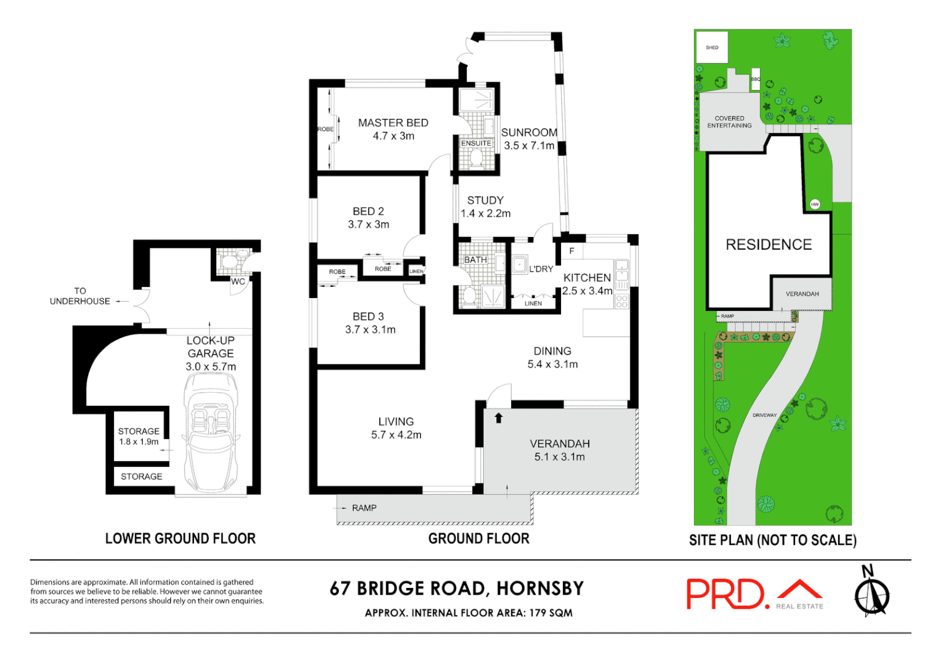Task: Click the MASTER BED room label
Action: coord(393,123)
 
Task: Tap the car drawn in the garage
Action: coord(211,431)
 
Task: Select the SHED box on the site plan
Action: coord(712,47)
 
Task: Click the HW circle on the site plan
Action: coord(815,204)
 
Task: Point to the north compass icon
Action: coord(871,592)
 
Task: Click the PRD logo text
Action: coord(727,594)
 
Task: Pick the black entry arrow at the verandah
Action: coord(498,418)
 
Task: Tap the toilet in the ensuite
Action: coord(476,158)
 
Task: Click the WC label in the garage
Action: coord(238,282)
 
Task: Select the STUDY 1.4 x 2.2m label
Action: coord(485,207)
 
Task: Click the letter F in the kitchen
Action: coord(571,251)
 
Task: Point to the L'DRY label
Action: coord(541,269)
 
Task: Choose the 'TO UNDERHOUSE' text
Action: coord(80,296)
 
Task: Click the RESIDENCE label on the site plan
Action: coord(769,245)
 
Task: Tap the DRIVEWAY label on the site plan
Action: coord(764,415)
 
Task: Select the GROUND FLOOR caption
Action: coord(479,539)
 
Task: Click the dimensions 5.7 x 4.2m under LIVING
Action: coord(396,435)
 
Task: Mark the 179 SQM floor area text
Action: coord(551,613)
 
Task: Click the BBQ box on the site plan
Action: coord(756,79)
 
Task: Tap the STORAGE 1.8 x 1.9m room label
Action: coord(139,437)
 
